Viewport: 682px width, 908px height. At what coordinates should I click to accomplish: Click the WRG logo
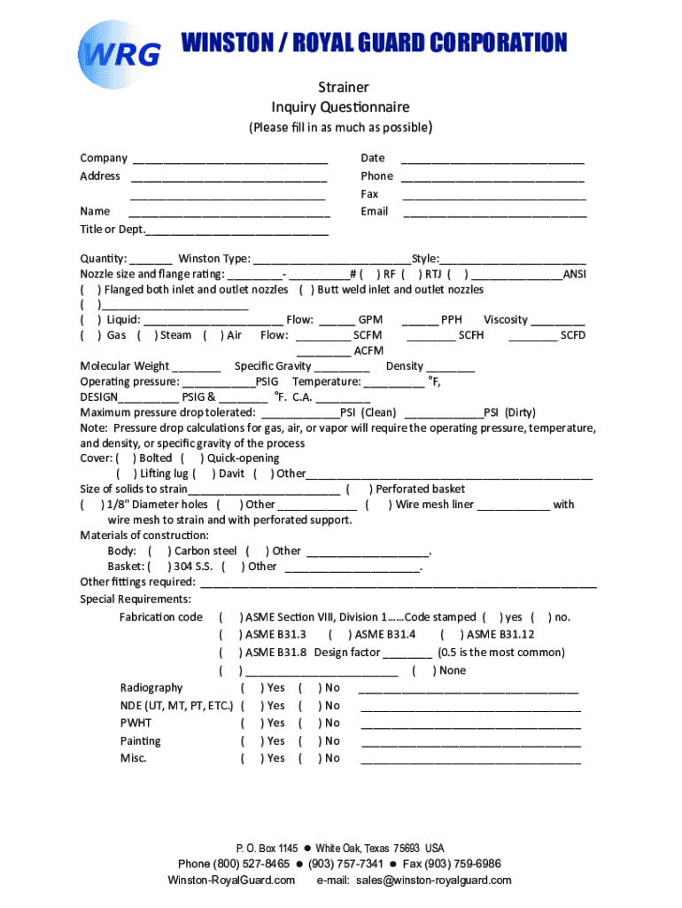tap(119, 55)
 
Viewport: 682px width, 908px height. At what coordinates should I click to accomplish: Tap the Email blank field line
tap(494, 215)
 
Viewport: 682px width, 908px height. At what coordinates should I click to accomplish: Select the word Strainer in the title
tap(343, 87)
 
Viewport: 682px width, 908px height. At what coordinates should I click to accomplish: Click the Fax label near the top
tap(369, 193)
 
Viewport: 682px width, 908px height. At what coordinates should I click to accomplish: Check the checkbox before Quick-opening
tap(192, 458)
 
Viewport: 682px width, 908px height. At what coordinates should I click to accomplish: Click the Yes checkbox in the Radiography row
tap(251, 688)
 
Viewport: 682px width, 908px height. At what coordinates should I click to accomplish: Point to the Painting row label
tap(141, 741)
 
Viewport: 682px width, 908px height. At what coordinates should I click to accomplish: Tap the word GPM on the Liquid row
tap(370, 320)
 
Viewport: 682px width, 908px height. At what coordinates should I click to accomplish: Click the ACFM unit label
tap(368, 351)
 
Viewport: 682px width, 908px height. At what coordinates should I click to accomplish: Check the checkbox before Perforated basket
tap(357, 489)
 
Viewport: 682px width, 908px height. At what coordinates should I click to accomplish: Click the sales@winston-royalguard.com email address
tap(434, 881)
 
